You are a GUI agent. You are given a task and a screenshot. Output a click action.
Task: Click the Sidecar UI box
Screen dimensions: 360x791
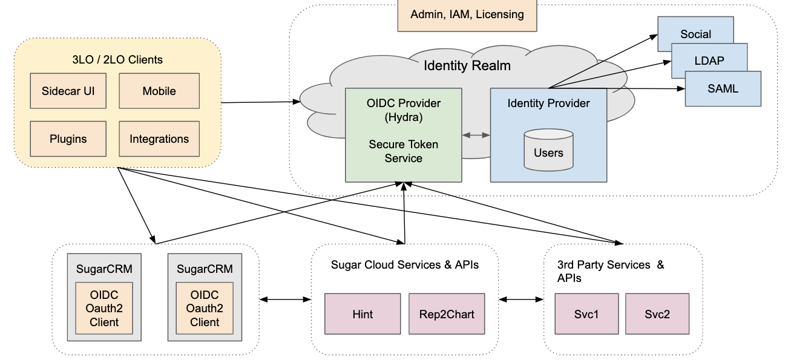68,91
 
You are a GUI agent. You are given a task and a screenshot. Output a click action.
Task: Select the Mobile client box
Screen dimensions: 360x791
159,91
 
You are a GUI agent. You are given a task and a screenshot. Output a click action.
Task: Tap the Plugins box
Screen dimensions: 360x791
68,139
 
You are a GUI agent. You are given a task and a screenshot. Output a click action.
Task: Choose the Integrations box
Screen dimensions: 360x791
159,139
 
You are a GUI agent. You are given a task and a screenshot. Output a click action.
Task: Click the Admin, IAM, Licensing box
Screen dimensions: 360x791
467,15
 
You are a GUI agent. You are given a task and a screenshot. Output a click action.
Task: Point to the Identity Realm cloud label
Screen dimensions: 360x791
467,65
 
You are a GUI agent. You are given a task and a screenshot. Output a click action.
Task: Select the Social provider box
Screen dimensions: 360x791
695,34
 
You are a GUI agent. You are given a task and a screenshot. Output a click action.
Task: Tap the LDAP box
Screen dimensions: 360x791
709,61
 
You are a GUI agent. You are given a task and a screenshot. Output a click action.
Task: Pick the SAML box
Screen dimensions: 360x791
723,88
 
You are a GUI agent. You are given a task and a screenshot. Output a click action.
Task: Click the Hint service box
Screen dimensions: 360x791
363,314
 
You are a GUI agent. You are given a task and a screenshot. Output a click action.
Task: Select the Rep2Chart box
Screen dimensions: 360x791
447,314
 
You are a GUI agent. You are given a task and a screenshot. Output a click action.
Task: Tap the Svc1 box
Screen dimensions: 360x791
586,314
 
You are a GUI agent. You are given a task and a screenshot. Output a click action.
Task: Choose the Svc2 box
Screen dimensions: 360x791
657,314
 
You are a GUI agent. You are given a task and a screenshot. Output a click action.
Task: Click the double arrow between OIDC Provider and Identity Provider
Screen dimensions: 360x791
476,136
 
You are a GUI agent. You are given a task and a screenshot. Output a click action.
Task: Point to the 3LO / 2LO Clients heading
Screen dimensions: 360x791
117,59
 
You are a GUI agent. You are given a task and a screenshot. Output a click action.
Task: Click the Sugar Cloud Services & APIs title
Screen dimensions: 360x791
404,265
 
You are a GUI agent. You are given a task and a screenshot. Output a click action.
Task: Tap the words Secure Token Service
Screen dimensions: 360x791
403,151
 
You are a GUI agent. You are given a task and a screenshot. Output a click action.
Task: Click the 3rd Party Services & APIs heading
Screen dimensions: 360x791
610,271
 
